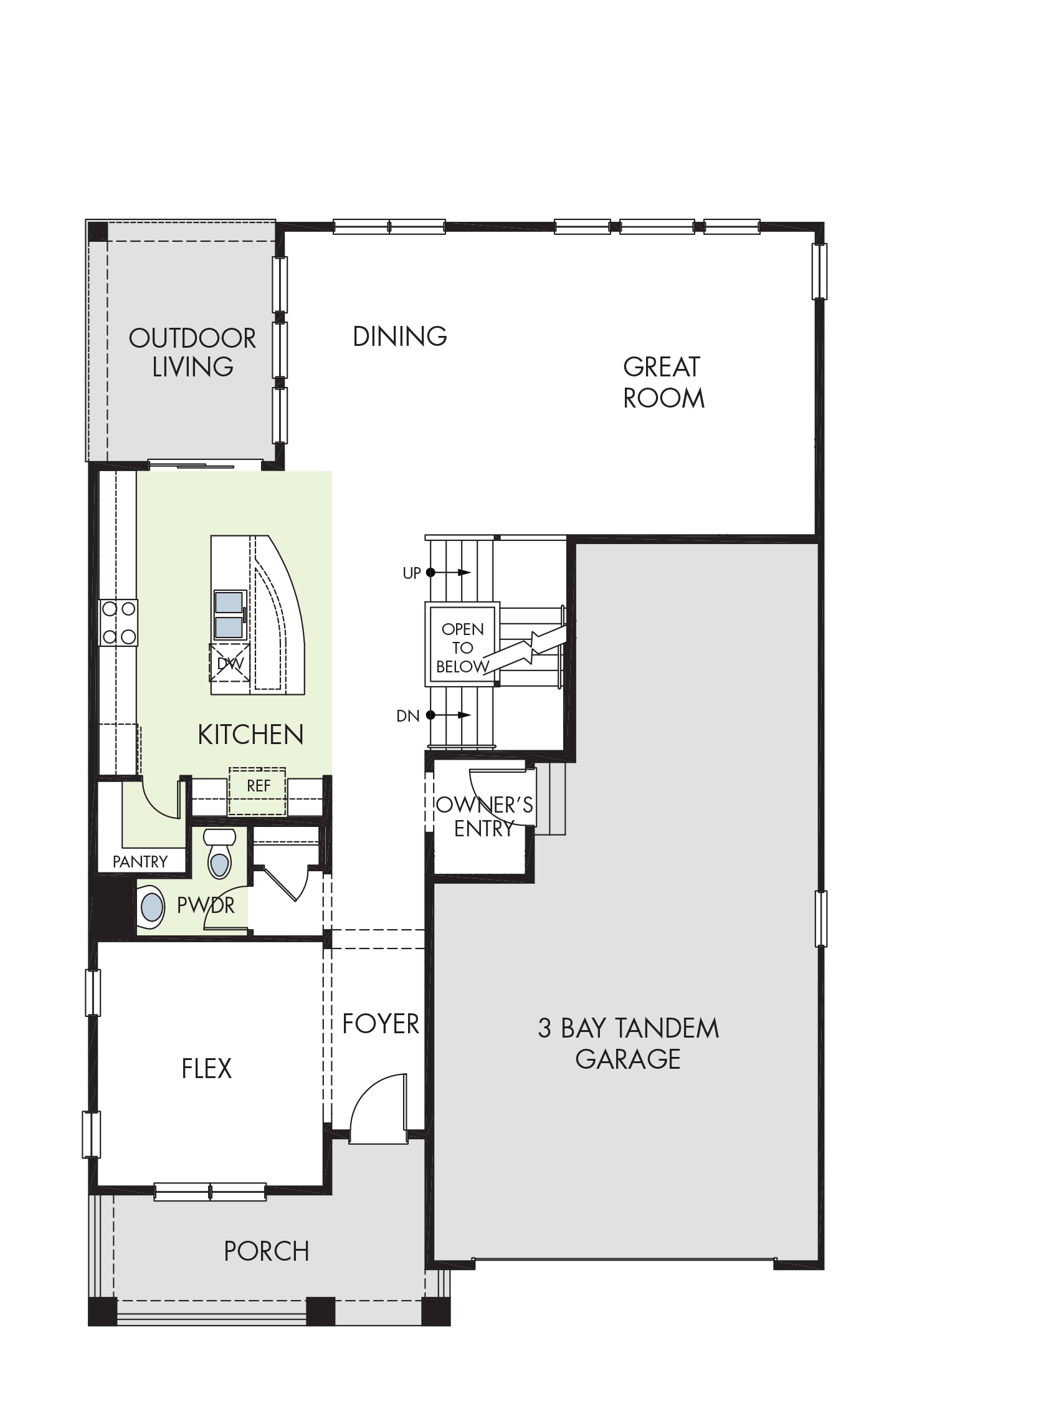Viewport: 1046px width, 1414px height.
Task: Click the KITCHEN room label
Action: coord(250,735)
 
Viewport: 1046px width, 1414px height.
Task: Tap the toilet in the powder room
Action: coord(219,854)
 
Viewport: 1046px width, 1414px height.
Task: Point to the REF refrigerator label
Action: coord(259,786)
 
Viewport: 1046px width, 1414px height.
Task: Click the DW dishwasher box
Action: coord(230,663)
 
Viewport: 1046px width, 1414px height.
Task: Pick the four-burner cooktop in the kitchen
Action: coord(118,623)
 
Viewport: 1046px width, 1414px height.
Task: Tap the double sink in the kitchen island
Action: coord(230,615)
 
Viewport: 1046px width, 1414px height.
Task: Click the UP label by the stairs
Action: coord(412,573)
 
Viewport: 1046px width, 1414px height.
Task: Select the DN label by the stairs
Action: coord(408,716)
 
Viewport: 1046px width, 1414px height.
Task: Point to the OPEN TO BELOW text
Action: coord(463,647)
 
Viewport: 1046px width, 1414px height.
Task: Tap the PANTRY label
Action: coord(140,862)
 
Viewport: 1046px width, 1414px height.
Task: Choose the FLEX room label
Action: coord(206,1069)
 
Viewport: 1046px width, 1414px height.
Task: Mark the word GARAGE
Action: coord(628,1059)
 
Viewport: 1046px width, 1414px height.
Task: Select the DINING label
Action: coord(400,337)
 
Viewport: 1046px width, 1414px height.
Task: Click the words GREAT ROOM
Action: coord(663,383)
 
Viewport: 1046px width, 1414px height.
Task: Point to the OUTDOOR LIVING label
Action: coord(193,353)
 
